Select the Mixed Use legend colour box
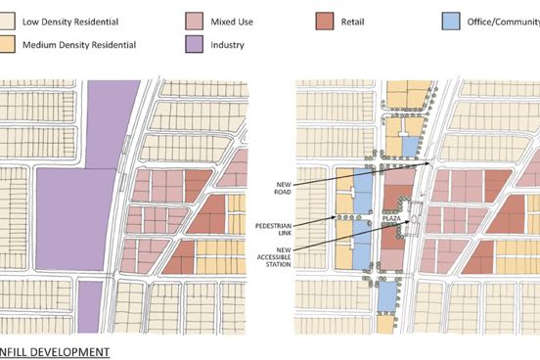click(x=193, y=20)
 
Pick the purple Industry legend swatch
click(x=193, y=44)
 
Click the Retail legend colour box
click(x=325, y=20)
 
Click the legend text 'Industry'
click(x=229, y=44)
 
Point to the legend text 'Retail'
click(x=356, y=20)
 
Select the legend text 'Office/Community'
click(x=499, y=20)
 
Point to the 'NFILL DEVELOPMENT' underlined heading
click(x=54, y=351)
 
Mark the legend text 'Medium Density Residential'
click(x=87, y=44)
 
